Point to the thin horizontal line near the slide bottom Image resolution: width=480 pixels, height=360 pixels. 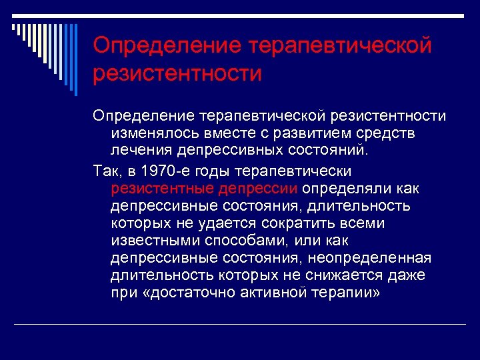(x=240, y=324)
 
